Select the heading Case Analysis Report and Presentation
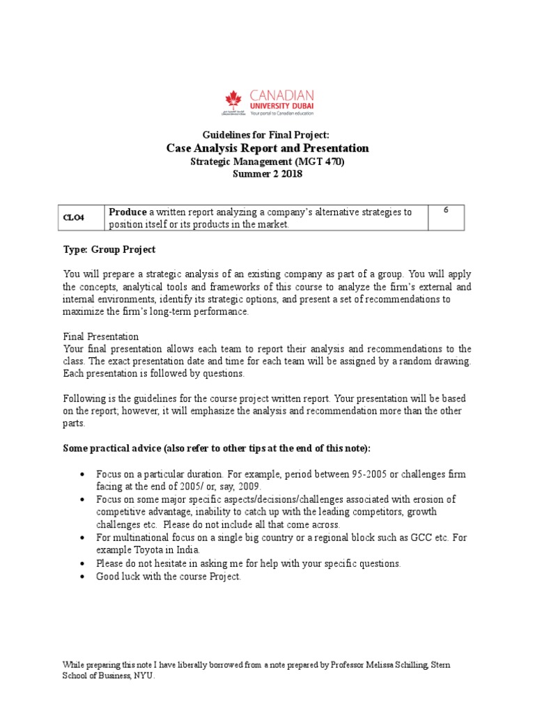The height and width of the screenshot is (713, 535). click(x=267, y=148)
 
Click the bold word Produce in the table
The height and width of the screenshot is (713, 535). click(x=127, y=212)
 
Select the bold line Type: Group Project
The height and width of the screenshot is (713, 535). click(x=109, y=249)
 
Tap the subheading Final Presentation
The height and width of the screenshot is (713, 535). click(x=101, y=336)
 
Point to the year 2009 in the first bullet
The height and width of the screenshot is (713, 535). click(x=254, y=486)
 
